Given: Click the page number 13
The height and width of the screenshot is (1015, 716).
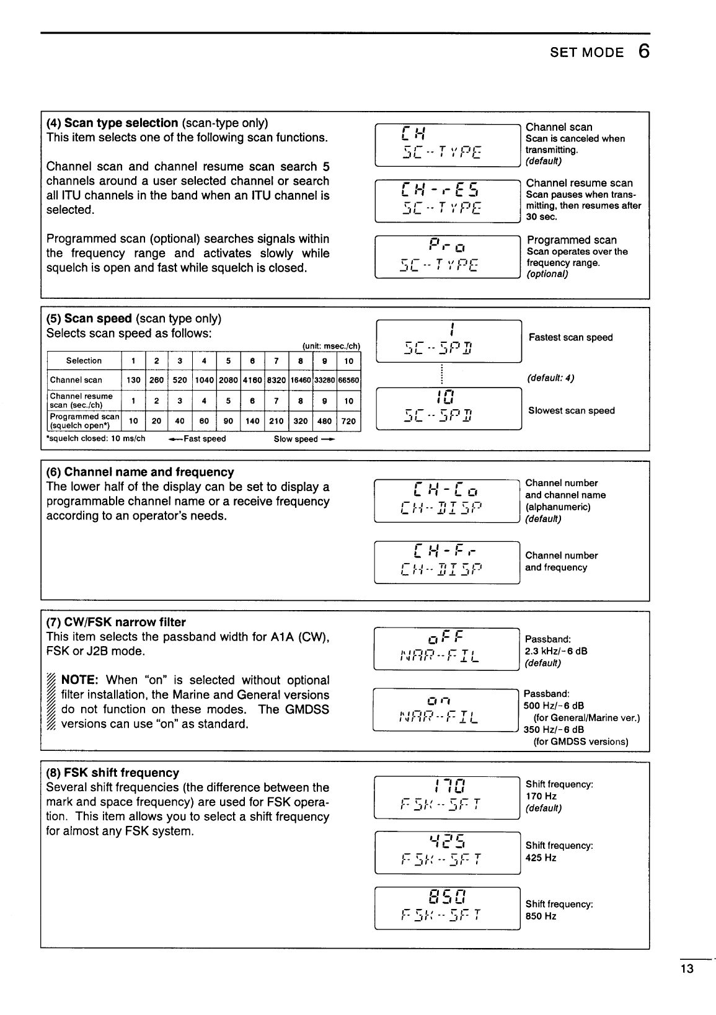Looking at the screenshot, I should [686, 970].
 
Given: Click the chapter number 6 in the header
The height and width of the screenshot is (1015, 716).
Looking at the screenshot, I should [643, 51].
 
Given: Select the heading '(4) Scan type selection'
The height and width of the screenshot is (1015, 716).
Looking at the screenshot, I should [112, 123].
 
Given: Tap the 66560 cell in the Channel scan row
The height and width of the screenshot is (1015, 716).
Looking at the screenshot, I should [349, 380].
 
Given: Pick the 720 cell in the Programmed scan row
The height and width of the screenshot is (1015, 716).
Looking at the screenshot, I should [349, 421].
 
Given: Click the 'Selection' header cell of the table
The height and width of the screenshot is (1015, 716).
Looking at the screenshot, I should [84, 361].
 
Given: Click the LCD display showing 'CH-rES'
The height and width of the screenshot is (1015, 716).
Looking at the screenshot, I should [448, 200].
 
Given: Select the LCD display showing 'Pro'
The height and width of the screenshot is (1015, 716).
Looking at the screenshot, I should [448, 257].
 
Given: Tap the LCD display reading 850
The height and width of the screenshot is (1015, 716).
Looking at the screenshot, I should [448, 908].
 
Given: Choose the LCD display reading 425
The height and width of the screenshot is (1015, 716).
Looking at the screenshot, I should [448, 852].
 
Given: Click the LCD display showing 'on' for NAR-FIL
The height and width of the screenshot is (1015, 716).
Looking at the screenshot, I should [446, 710].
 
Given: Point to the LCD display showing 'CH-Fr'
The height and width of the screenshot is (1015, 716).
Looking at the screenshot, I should [447, 562].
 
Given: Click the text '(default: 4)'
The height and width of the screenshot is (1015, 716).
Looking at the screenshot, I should [550, 378].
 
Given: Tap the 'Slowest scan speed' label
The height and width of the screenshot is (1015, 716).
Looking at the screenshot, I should [571, 410].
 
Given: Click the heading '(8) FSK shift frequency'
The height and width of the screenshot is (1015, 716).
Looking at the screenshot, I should [113, 773].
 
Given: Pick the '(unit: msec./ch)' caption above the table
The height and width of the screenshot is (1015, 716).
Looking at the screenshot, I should [331, 346].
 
